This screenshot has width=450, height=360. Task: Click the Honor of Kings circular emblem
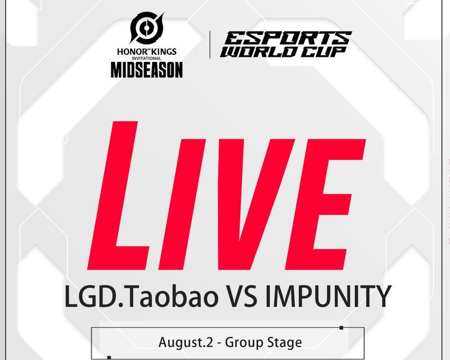pyautogui.click(x=147, y=28)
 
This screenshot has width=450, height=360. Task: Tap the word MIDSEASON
pyautogui.click(x=147, y=70)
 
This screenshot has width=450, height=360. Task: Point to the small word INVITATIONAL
pyautogui.click(x=147, y=58)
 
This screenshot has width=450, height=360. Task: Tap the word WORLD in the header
pyautogui.click(x=260, y=52)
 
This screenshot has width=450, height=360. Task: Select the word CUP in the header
pyautogui.click(x=324, y=52)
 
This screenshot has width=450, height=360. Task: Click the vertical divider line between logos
pyautogui.click(x=210, y=44)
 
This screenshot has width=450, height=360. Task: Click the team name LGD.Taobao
pyautogui.click(x=141, y=296)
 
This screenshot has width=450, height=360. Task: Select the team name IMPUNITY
pyautogui.click(x=328, y=296)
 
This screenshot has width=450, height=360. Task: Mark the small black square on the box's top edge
pyautogui.click(x=341, y=328)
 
